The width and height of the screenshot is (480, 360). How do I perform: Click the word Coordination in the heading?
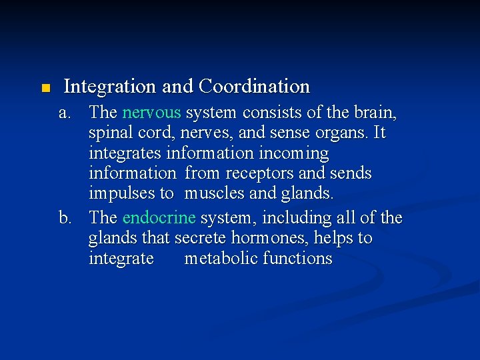(x=255, y=87)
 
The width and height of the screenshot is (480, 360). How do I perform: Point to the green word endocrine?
(x=159, y=218)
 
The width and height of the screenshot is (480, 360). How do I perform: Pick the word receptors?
(x=257, y=173)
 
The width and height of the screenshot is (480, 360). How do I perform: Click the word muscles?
(x=214, y=194)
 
